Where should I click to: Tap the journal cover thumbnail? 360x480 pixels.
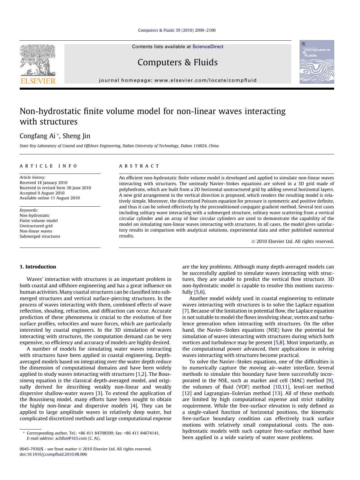click(316, 62)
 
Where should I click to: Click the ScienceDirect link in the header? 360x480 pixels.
click(208, 47)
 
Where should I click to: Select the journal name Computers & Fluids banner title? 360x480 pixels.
click(178, 62)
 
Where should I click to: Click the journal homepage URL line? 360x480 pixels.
click(178, 80)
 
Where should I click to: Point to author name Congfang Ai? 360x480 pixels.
click(37, 136)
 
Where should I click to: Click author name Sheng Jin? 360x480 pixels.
click(77, 136)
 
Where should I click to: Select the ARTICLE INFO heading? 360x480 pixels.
click(48, 166)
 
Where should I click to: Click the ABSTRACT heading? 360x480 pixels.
click(139, 166)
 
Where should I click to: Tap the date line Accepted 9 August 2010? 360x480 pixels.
click(42, 193)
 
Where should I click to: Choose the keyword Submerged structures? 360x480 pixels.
click(40, 236)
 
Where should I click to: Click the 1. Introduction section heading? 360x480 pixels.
click(38, 267)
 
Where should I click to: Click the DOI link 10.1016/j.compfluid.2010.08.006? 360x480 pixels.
click(57, 454)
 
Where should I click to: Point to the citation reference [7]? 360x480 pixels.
click(186, 311)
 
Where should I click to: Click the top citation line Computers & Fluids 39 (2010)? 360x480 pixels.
click(177, 30)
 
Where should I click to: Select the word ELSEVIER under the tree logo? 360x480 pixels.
click(38, 81)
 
